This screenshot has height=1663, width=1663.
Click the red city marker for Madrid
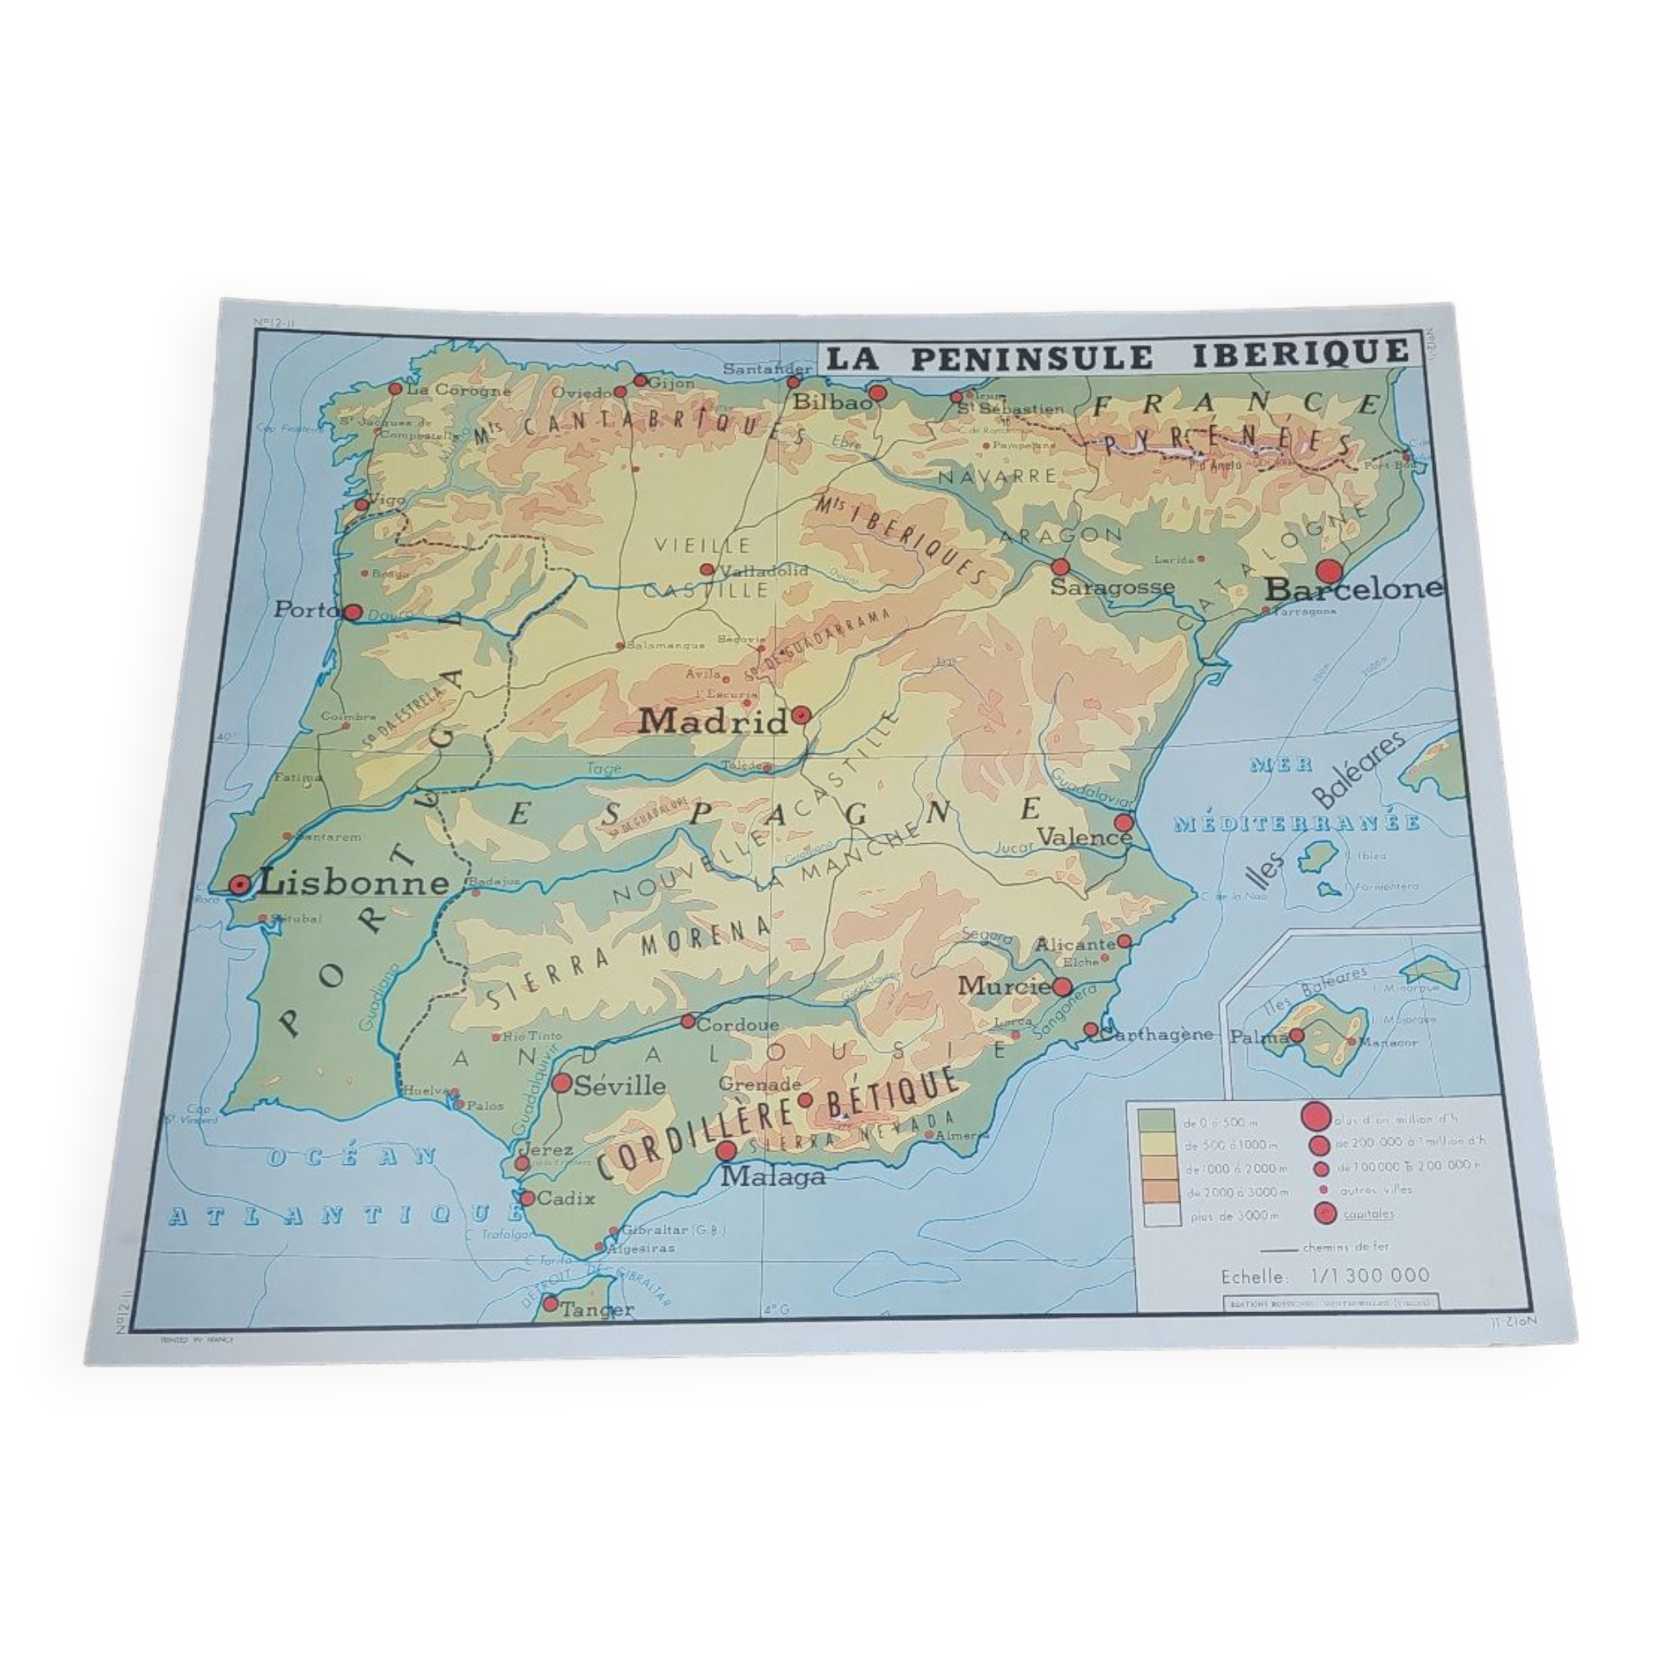point(801,714)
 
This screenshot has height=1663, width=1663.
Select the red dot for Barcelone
point(1329,570)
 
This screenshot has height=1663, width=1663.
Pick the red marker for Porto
point(352,612)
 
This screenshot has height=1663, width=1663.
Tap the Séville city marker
point(561,1083)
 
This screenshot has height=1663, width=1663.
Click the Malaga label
point(772,1176)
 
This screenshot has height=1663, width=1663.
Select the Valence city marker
point(1123,822)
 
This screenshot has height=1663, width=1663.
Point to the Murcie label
point(1004,985)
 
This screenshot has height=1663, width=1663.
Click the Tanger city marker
point(551,1303)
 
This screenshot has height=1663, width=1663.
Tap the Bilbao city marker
point(877,393)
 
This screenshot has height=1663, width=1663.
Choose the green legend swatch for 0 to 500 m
point(1157,1122)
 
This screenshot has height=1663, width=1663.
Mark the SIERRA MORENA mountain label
point(628,961)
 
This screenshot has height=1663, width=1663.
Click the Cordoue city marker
point(688,1021)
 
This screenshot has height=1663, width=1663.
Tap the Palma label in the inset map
point(1257,1037)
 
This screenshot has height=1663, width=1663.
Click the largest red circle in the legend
point(1314,1118)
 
